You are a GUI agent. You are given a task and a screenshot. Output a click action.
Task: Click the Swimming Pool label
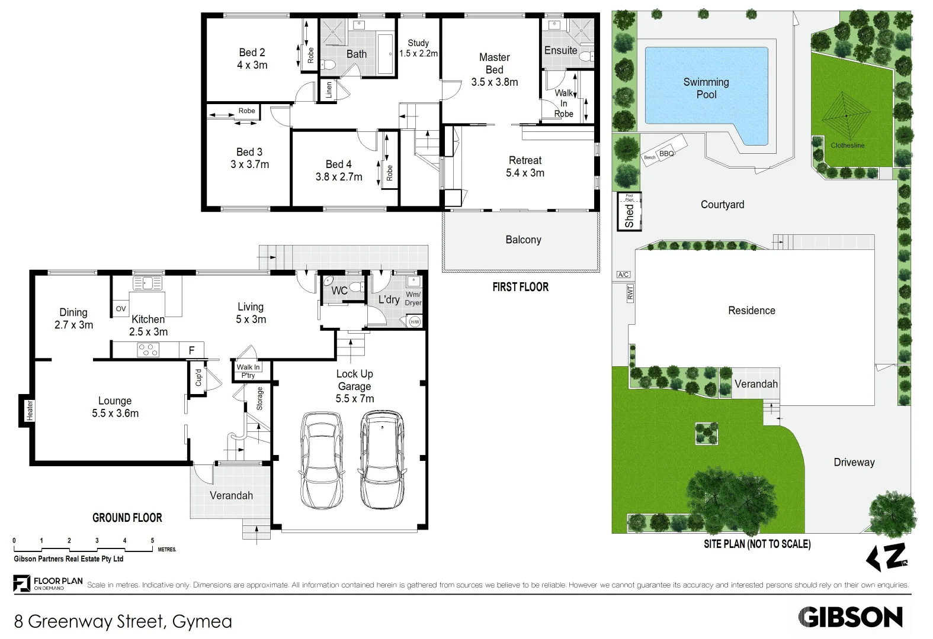pos(706,88)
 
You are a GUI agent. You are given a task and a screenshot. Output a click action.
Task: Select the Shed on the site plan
pos(629,211)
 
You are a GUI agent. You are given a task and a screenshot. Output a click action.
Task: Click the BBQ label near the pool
pos(666,153)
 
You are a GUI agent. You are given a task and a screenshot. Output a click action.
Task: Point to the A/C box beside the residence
pos(623,275)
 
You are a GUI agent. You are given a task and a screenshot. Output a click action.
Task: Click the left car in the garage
pos(322,460)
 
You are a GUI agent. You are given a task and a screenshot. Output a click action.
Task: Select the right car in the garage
pos(382,460)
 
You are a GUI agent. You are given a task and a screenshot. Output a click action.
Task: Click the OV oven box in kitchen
pos(121,308)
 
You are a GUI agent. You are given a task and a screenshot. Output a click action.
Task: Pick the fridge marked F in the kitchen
pos(191,350)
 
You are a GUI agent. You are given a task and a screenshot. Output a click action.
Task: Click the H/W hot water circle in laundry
pos(415,322)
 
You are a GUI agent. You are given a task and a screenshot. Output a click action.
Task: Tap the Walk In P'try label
pos(248,371)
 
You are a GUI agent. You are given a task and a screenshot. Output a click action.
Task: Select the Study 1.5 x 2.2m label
pos(418,48)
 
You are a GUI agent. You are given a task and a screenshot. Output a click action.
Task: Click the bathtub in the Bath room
pos(385,54)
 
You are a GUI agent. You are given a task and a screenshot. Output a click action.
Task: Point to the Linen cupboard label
pos(329,90)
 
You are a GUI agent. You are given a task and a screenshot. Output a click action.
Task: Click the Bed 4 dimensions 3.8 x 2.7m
pos(339,176)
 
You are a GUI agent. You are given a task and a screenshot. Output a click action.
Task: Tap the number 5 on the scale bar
pos(152,540)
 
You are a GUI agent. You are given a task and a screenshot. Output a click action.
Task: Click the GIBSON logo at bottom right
pos(850,617)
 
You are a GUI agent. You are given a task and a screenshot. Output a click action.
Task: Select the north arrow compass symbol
pos(887,557)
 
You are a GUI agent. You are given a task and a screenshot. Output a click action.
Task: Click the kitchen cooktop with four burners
pos(148,350)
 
